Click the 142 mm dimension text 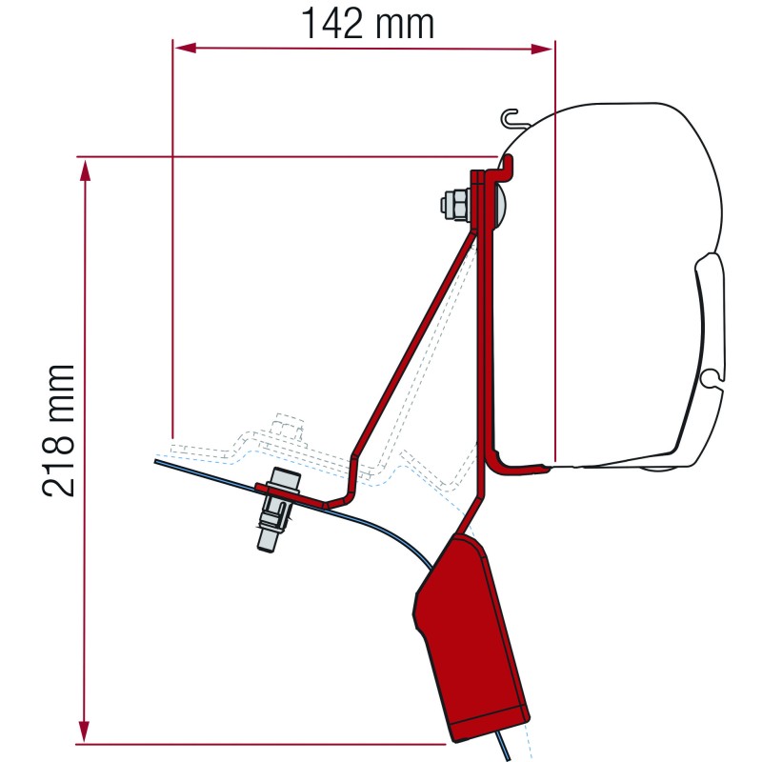tap(368, 24)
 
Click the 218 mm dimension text tap(58, 431)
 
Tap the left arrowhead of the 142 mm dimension tap(185, 48)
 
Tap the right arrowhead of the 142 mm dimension tap(542, 49)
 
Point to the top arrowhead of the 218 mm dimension tap(85, 170)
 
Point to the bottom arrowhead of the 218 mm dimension tap(85, 731)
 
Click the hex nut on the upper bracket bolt tap(455, 204)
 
